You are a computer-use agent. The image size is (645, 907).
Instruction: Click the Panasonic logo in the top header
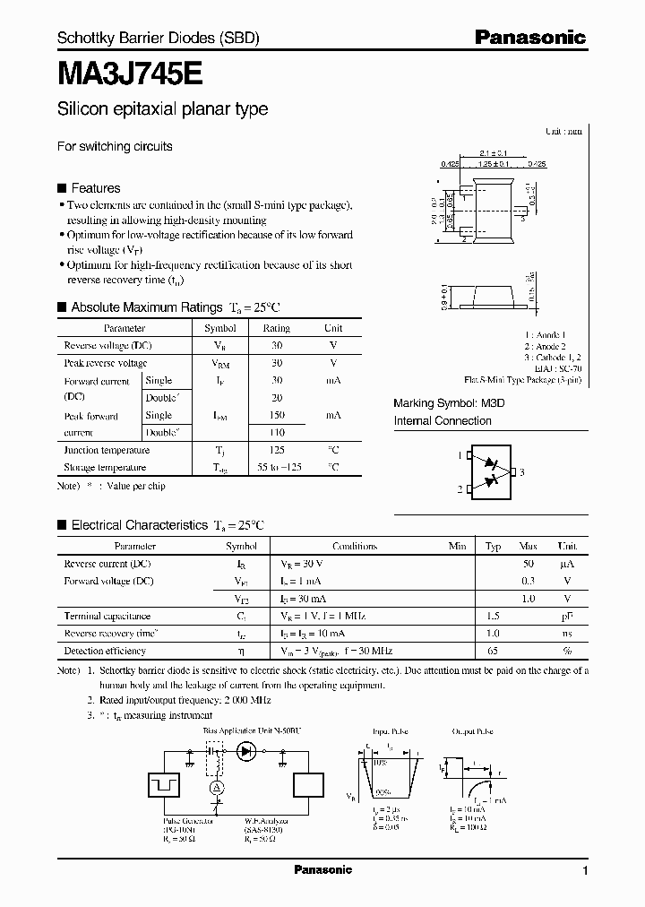529,38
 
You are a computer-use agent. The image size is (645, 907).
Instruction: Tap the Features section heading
95,188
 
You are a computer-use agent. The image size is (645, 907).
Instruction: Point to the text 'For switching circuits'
115,146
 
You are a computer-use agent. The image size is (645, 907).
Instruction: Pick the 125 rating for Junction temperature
277,451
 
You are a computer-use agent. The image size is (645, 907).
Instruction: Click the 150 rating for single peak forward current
277,416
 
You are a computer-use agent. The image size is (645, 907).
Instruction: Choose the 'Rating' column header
277,329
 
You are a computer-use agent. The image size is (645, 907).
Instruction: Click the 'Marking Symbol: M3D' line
450,403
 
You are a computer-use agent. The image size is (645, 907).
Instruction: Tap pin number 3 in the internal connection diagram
521,472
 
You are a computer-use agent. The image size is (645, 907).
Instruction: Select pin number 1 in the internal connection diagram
460,456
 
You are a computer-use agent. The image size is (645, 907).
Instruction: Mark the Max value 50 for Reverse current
529,564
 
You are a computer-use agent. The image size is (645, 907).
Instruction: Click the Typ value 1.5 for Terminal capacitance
493,617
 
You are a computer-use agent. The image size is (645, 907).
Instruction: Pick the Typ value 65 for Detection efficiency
493,651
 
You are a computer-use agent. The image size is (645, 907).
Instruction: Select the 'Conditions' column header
355,546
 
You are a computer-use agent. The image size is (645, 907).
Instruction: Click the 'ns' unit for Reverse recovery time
566,634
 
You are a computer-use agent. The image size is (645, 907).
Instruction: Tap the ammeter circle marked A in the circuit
215,788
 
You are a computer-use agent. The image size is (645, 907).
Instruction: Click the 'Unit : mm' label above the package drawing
563,131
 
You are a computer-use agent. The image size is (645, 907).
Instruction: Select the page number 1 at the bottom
585,871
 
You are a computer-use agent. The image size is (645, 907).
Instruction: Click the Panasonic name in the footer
322,870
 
